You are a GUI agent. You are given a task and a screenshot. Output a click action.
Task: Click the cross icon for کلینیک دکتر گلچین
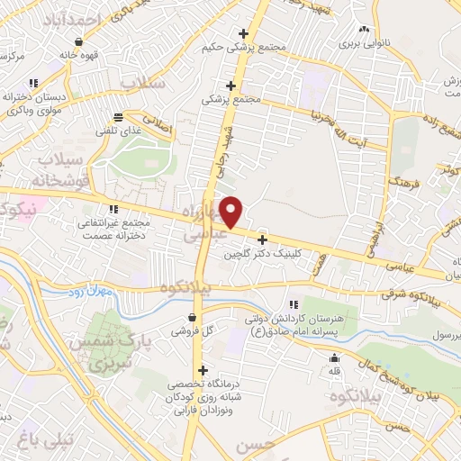262,240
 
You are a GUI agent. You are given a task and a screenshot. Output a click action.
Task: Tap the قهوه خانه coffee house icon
79,41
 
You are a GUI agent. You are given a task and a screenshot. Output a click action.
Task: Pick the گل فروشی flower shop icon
194,316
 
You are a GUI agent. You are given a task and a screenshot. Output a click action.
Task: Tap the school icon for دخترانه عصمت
113,209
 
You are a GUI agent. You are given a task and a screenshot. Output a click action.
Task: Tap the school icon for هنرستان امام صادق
294,305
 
